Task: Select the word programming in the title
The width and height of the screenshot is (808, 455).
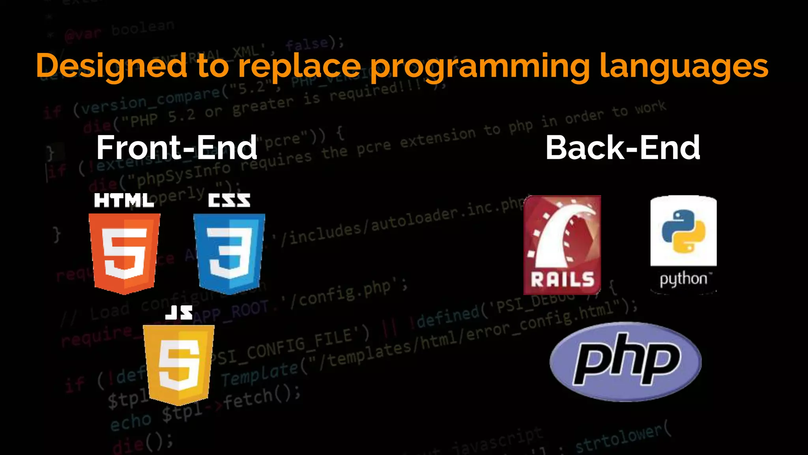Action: pyautogui.click(x=479, y=66)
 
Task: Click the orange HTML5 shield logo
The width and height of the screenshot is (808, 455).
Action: pyautogui.click(x=124, y=253)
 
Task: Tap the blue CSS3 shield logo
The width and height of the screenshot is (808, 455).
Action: pyautogui.click(x=229, y=253)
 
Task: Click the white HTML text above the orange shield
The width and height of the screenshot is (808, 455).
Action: pyautogui.click(x=124, y=201)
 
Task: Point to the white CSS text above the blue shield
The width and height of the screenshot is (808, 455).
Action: pyautogui.click(x=229, y=201)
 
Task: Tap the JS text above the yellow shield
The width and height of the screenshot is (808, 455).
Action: pyautogui.click(x=179, y=312)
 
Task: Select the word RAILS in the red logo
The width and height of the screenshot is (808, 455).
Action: pyautogui.click(x=562, y=280)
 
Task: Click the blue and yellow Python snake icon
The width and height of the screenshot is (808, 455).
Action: pyautogui.click(x=683, y=231)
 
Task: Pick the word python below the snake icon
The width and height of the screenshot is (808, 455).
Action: pyautogui.click(x=683, y=279)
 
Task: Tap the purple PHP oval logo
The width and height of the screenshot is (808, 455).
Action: pyautogui.click(x=626, y=361)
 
